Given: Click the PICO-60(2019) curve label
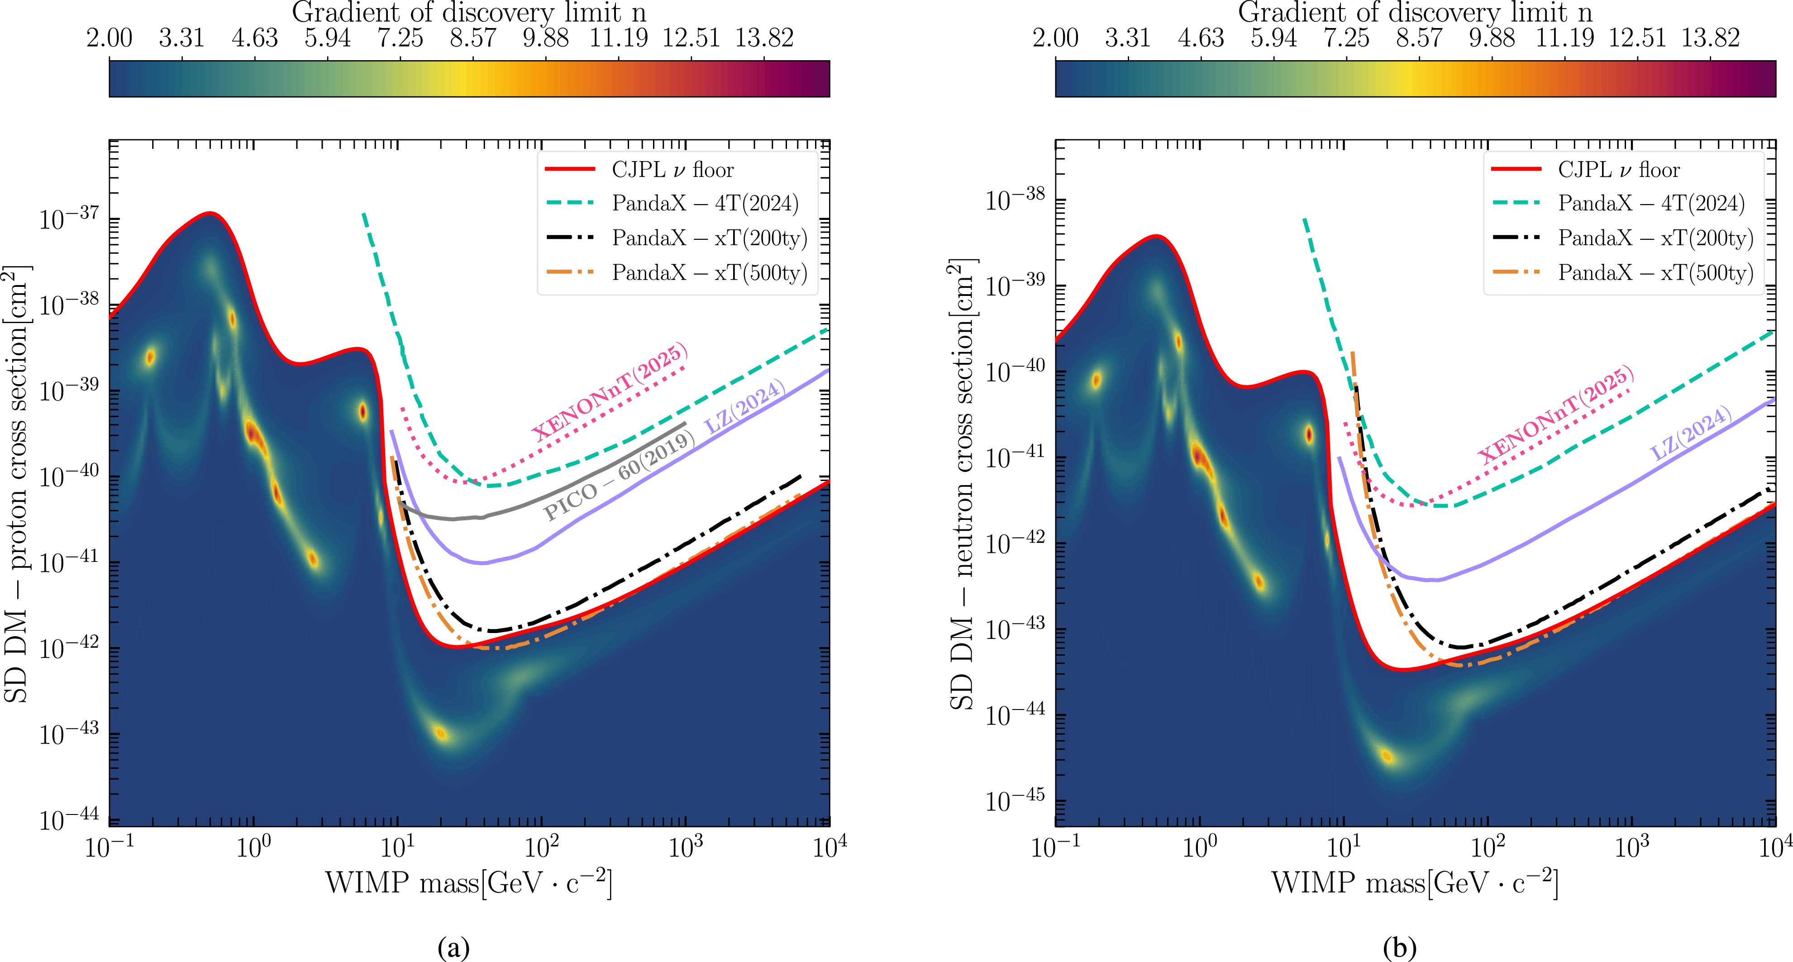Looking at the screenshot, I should (620, 476).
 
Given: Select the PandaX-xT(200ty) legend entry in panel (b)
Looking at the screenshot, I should (1655, 238).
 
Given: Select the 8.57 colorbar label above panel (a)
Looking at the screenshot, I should (472, 38).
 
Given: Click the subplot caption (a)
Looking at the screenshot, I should (454, 948).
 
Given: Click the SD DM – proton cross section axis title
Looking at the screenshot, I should (17, 484).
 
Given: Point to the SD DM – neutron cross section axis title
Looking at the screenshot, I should (963, 484).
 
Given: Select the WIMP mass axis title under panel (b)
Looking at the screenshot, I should (1414, 883).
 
